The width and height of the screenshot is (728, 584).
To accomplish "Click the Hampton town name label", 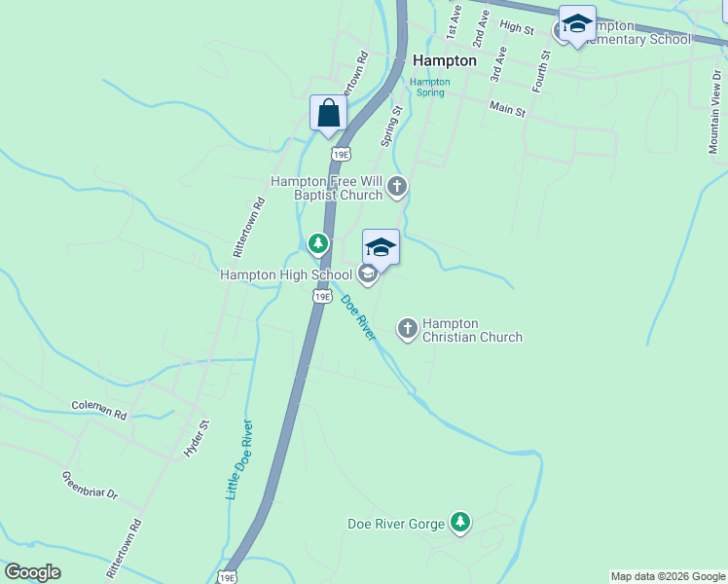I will point(445,60).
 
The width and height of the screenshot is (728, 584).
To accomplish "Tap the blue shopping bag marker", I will point(329,113).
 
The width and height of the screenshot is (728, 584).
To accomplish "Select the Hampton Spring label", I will point(429,88).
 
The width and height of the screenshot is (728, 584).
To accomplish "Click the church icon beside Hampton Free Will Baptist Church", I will point(396,187).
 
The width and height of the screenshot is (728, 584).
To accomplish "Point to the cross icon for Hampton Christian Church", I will point(408,329).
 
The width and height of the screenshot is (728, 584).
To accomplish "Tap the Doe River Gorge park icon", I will point(460,524).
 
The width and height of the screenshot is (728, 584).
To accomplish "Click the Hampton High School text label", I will point(286,274).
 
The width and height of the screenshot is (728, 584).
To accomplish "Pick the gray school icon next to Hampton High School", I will point(368,274).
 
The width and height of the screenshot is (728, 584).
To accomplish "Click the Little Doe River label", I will point(239,459).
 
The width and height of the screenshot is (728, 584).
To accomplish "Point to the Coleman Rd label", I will point(99,410).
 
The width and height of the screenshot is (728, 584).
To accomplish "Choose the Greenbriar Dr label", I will point(90,486).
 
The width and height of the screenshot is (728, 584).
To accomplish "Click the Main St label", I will point(507,109).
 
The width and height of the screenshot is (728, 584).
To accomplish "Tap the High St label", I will point(517,28).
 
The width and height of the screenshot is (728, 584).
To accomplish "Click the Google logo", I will point(32,572).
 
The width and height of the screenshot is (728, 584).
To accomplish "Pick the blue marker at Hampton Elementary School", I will point(577,26).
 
